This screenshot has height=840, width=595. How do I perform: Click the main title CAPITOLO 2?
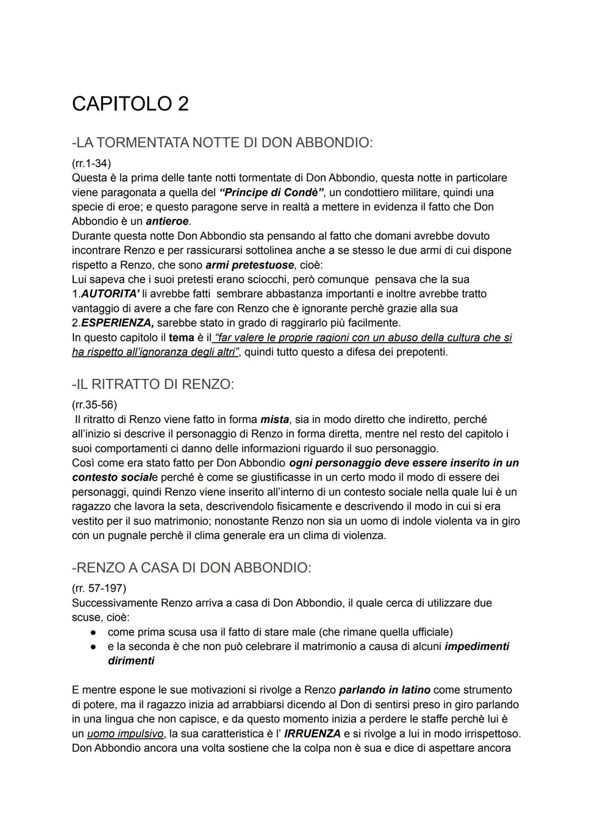click(130, 104)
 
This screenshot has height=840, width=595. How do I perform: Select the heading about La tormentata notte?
click(222, 143)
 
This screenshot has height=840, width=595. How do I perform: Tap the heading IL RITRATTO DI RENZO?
click(153, 384)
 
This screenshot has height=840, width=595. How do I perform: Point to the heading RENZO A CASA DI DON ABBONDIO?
click(191, 568)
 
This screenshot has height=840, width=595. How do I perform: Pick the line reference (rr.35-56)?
click(94, 405)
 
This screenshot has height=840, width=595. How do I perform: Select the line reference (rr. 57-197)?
click(99, 588)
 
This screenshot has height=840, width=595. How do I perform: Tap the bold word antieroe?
click(167, 221)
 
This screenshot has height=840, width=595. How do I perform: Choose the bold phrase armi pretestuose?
click(250, 265)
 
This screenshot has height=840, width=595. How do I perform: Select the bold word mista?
click(274, 420)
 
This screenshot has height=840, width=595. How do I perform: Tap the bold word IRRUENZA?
click(312, 734)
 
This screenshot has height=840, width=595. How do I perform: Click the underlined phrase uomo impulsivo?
click(125, 734)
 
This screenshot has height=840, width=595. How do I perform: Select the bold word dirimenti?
click(131, 660)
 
